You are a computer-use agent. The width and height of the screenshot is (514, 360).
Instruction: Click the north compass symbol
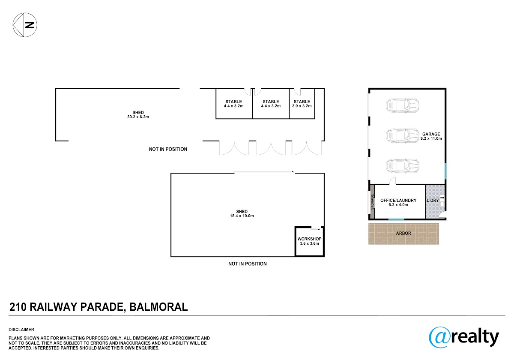(25, 25)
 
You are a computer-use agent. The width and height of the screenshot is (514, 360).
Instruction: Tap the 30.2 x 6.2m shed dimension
(138, 117)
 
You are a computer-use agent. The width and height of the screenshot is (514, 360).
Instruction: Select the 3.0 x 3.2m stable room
(302, 104)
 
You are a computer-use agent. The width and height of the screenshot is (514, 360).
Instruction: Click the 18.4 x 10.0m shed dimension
(242, 216)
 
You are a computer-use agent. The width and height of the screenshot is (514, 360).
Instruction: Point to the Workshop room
(310, 241)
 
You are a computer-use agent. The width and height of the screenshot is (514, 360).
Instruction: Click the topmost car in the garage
(403, 105)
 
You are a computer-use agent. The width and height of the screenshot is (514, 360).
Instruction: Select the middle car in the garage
(403, 136)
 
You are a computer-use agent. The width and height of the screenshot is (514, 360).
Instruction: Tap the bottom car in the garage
(403, 166)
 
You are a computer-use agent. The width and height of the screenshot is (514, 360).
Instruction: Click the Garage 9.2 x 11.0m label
(431, 136)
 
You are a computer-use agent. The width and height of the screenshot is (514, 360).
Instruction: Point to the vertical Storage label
(372, 202)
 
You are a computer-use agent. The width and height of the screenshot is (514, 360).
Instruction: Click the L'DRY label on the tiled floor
(433, 201)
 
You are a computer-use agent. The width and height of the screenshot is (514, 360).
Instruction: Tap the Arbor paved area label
(403, 233)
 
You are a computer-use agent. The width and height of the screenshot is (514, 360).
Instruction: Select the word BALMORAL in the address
(158, 307)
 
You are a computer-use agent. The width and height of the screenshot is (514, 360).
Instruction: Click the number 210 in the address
(18, 307)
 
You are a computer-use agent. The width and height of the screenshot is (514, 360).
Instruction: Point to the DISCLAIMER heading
(21, 330)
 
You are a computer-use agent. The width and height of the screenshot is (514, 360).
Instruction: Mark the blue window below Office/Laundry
(396, 219)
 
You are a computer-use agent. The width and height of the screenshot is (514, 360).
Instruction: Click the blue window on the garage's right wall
(445, 171)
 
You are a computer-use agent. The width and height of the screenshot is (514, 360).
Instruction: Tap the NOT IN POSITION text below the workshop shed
(248, 264)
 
